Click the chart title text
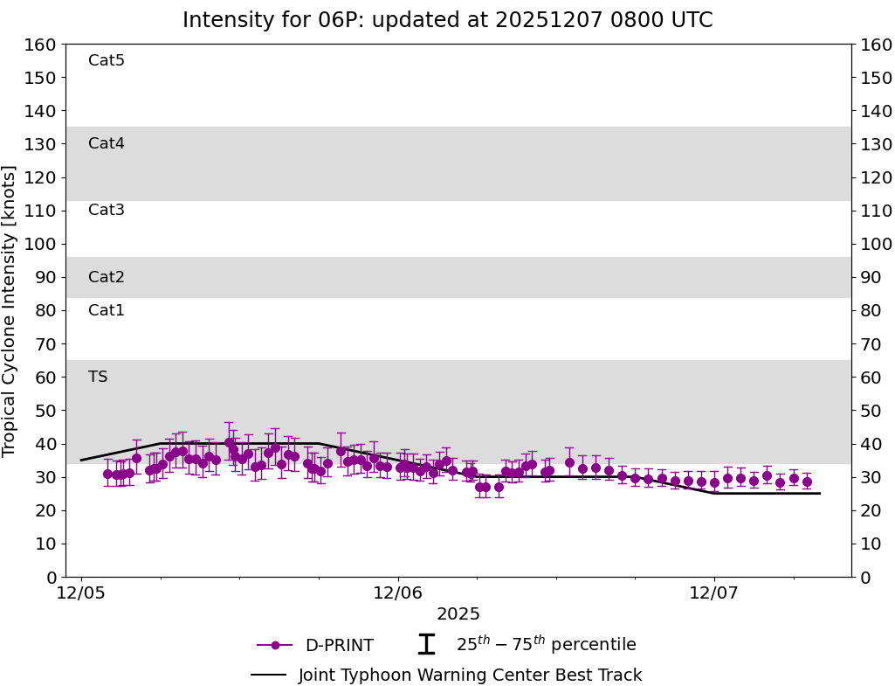click(447, 20)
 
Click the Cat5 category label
click(107, 60)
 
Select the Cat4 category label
click(107, 143)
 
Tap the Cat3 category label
click(107, 210)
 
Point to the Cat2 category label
click(107, 277)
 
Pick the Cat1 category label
click(107, 310)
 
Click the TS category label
click(98, 377)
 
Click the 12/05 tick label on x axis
click(81, 593)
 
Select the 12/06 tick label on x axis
click(398, 593)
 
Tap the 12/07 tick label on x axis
click(714, 593)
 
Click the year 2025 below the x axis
click(458, 614)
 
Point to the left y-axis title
click(10, 310)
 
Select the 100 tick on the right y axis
click(875, 244)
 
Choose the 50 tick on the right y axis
click(871, 411)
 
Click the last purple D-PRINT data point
click(807, 482)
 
